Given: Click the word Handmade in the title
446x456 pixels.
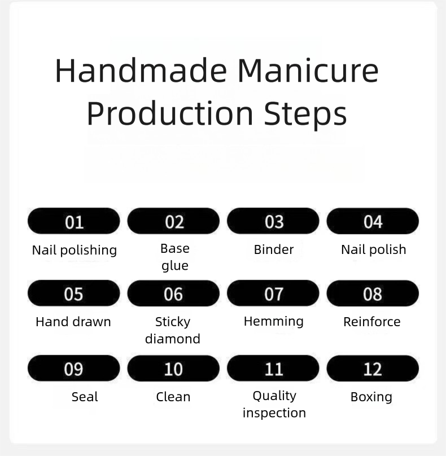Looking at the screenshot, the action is [141, 71].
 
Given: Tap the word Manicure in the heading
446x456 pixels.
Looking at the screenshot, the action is [308, 71].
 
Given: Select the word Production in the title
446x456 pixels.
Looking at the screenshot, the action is [170, 113].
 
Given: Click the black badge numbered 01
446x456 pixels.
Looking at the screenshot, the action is [74, 221].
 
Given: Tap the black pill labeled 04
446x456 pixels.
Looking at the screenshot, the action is [373, 221].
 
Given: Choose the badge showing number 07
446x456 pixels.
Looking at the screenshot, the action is [273, 293].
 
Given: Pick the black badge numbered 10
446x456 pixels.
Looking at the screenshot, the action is [173, 368].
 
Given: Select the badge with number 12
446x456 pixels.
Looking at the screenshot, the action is [373, 368].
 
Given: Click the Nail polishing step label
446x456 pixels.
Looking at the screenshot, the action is [75, 251].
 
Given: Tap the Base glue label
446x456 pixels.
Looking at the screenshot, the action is [175, 257].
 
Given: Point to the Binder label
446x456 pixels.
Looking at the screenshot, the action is [274, 249].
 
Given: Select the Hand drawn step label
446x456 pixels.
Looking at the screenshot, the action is [73, 322].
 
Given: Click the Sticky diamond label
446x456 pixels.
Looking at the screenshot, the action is [173, 331].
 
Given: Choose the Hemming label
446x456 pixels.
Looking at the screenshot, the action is [274, 322].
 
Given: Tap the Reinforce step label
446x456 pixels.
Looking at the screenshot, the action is [372, 322].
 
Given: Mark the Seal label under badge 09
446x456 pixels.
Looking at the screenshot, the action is [85, 397].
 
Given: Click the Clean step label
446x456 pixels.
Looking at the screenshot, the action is [173, 397].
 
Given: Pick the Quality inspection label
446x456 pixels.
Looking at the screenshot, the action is [274, 405].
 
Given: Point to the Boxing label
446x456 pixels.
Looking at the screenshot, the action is [371, 397].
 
